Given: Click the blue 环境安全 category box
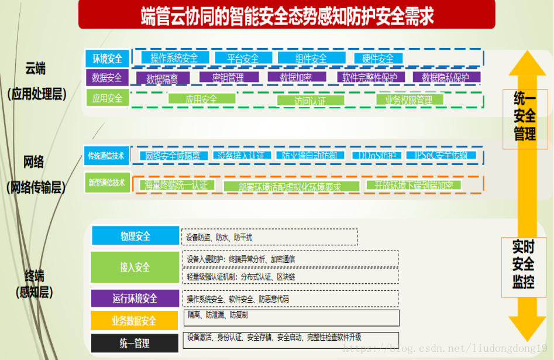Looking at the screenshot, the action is click(107, 59).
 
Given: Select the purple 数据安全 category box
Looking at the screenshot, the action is click(107, 78).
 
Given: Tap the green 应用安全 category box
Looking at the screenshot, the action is click(107, 98).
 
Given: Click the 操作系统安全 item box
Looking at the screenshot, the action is click(174, 58).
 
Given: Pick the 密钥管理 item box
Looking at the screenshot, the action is click(228, 77).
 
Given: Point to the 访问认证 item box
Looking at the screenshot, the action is click(310, 100).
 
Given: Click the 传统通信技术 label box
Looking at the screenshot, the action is click(106, 156).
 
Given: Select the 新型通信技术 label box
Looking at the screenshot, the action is click(106, 183).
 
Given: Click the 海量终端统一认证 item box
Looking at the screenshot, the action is click(176, 185).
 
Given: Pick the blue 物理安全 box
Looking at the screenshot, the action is click(135, 236).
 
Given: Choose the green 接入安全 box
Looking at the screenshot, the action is click(135, 268).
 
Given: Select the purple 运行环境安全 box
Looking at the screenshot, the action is click(135, 299).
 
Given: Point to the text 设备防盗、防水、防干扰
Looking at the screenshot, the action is click(219, 237).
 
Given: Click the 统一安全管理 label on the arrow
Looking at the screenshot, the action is click(525, 116).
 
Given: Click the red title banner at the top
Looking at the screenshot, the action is click(287, 15).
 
